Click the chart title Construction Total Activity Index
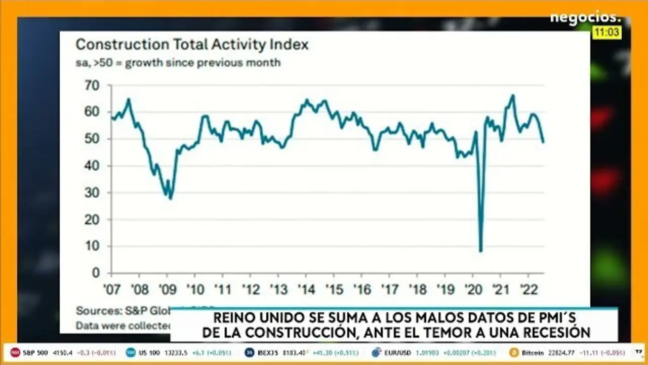[x=192, y=45]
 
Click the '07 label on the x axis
[x=112, y=289]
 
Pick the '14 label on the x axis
[x=306, y=289]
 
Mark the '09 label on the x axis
[x=168, y=289]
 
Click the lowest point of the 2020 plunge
[x=480, y=251]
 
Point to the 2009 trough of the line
[x=171, y=198]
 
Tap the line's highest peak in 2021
[x=513, y=95]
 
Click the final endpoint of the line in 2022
[x=543, y=142]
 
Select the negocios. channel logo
[x=585, y=17]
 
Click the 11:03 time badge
[x=607, y=32]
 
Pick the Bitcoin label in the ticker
[x=532, y=352]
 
